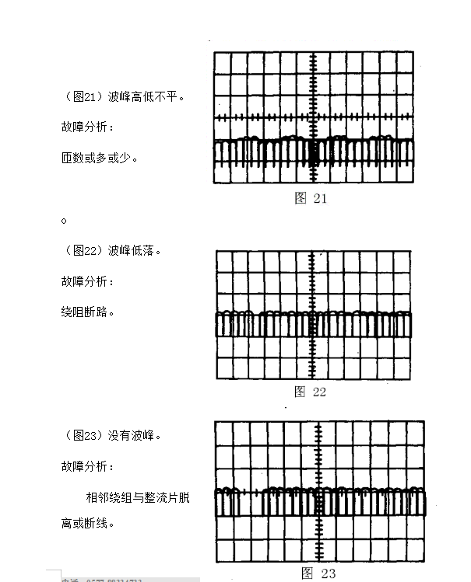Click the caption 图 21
[311, 198]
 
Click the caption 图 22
[310, 392]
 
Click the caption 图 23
[318, 573]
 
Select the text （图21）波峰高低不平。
[125, 97]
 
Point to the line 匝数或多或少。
[100, 158]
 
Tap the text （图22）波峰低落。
[114, 250]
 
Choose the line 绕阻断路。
[89, 312]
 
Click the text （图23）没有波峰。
[114, 435]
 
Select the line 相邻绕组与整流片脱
[138, 497]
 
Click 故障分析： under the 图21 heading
[88, 127]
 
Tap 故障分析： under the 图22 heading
[88, 281]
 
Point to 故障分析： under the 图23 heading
[88, 466]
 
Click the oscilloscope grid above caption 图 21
[313, 117]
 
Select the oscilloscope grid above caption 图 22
[313, 315]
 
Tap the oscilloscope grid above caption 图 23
[319, 491]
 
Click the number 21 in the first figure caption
[320, 198]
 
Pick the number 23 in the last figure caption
[328, 573]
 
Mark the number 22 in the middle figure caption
[319, 392]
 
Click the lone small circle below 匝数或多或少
[64, 221]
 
